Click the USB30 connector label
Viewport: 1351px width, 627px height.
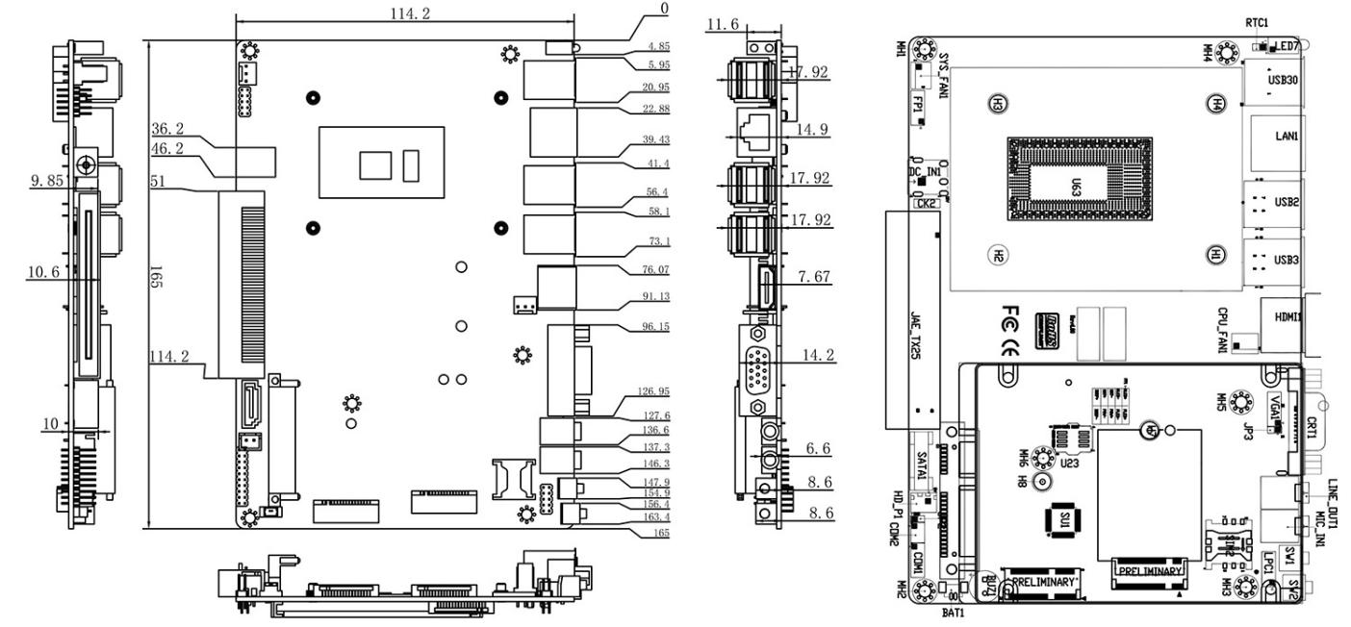[1284, 83]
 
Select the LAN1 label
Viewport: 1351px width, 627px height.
[1286, 137]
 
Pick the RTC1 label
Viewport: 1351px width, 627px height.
[1255, 21]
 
